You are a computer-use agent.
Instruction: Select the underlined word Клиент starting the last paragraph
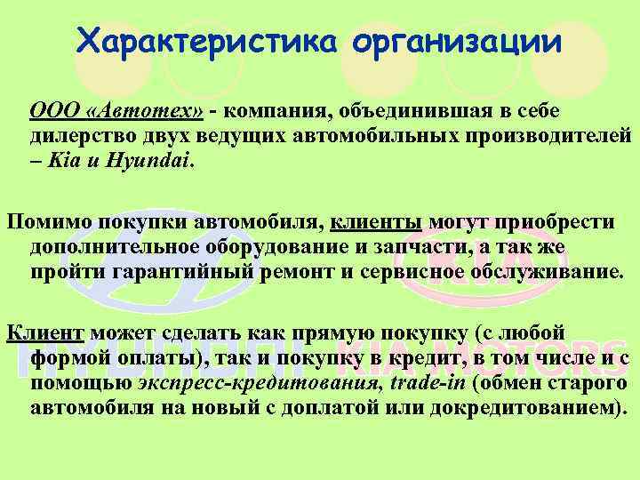point(45,333)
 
